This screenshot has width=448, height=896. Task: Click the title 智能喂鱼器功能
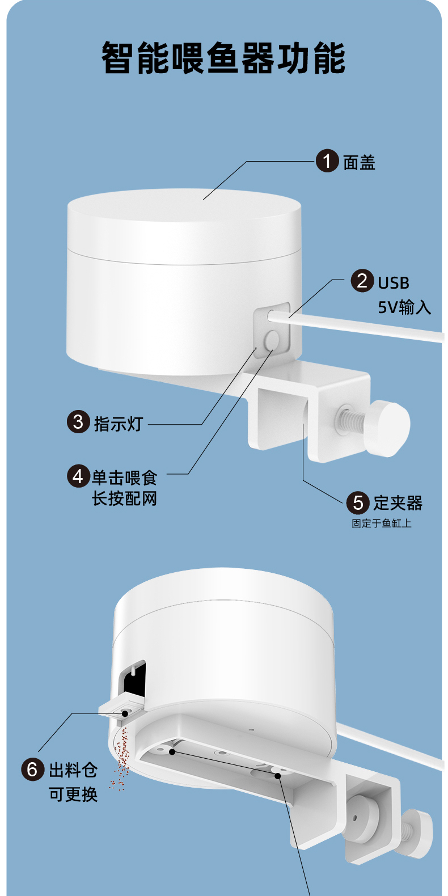(223, 58)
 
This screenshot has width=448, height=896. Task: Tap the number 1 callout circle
(327, 161)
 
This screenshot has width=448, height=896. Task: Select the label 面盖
(359, 163)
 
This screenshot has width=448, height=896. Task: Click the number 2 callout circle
(362, 281)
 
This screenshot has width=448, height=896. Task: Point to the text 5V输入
(404, 307)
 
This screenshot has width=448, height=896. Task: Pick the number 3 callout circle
(78, 422)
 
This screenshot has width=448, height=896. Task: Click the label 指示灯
(119, 424)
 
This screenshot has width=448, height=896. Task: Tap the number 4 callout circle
(78, 476)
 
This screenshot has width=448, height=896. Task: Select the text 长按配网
(124, 499)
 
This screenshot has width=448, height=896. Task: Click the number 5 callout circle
(358, 502)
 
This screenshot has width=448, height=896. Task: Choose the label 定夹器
(398, 503)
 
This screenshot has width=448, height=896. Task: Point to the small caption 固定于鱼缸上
(381, 523)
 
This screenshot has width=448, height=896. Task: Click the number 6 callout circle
(32, 770)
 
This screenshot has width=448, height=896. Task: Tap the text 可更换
(73, 794)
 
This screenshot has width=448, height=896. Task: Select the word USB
(394, 282)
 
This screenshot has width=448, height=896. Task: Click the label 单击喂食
(124, 478)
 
